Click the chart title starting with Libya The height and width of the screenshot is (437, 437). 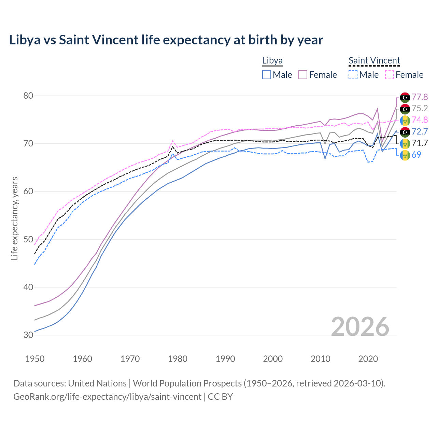pyautogui.click(x=166, y=40)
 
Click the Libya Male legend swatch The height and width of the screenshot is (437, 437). pyautogui.click(x=267, y=75)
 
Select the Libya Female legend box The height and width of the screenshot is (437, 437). pyautogui.click(x=303, y=75)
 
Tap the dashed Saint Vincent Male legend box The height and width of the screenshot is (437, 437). pyautogui.click(x=353, y=75)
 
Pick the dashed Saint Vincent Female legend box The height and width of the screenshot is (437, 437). pyautogui.click(x=390, y=75)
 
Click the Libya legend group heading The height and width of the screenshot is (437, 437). pyautogui.click(x=272, y=61)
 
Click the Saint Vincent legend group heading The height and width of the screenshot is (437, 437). pyautogui.click(x=374, y=61)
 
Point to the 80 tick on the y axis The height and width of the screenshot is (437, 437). pyautogui.click(x=28, y=96)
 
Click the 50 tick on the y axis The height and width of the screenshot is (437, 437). pyautogui.click(x=28, y=239)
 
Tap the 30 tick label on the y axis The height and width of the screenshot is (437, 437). pyautogui.click(x=28, y=335)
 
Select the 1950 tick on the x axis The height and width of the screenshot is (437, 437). pyautogui.click(x=35, y=359)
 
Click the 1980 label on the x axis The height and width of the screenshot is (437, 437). pyautogui.click(x=178, y=359)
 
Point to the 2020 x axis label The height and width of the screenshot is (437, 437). pyautogui.click(x=368, y=359)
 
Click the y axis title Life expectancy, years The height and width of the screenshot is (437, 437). pyautogui.click(x=14, y=218)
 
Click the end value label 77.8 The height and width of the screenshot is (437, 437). pyautogui.click(x=420, y=97)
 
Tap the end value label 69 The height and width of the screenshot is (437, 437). pyautogui.click(x=416, y=155)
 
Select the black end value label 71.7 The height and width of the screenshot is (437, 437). pyautogui.click(x=420, y=143)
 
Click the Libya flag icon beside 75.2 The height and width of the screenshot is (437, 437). pyautogui.click(x=405, y=109)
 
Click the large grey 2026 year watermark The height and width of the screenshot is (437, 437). pyautogui.click(x=360, y=327)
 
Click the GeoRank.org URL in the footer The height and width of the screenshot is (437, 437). pyautogui.click(x=107, y=397)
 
